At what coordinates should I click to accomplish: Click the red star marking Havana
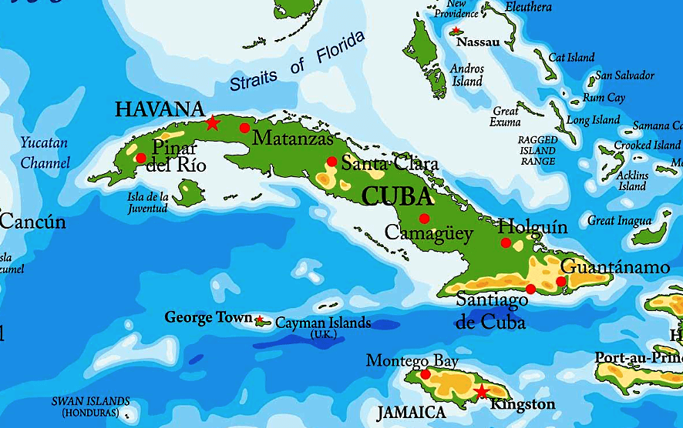[212, 123]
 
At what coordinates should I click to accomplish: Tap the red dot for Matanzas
[244, 128]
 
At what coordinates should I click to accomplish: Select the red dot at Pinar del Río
[140, 158]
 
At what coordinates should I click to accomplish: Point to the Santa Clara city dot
[331, 162]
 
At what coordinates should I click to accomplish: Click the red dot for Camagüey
[424, 219]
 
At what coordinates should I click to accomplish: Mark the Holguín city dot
[506, 242]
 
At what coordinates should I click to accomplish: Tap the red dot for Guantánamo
[560, 281]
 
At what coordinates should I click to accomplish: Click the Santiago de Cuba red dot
[530, 289]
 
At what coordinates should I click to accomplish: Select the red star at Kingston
[481, 392]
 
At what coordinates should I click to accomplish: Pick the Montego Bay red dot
[425, 374]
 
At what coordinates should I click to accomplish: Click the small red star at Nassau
[456, 31]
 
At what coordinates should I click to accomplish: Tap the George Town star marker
[260, 319]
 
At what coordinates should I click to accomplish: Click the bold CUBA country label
[397, 196]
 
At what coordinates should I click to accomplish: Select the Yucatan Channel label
[44, 152]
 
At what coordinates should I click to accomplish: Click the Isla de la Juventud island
[187, 192]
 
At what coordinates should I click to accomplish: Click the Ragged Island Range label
[537, 150]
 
